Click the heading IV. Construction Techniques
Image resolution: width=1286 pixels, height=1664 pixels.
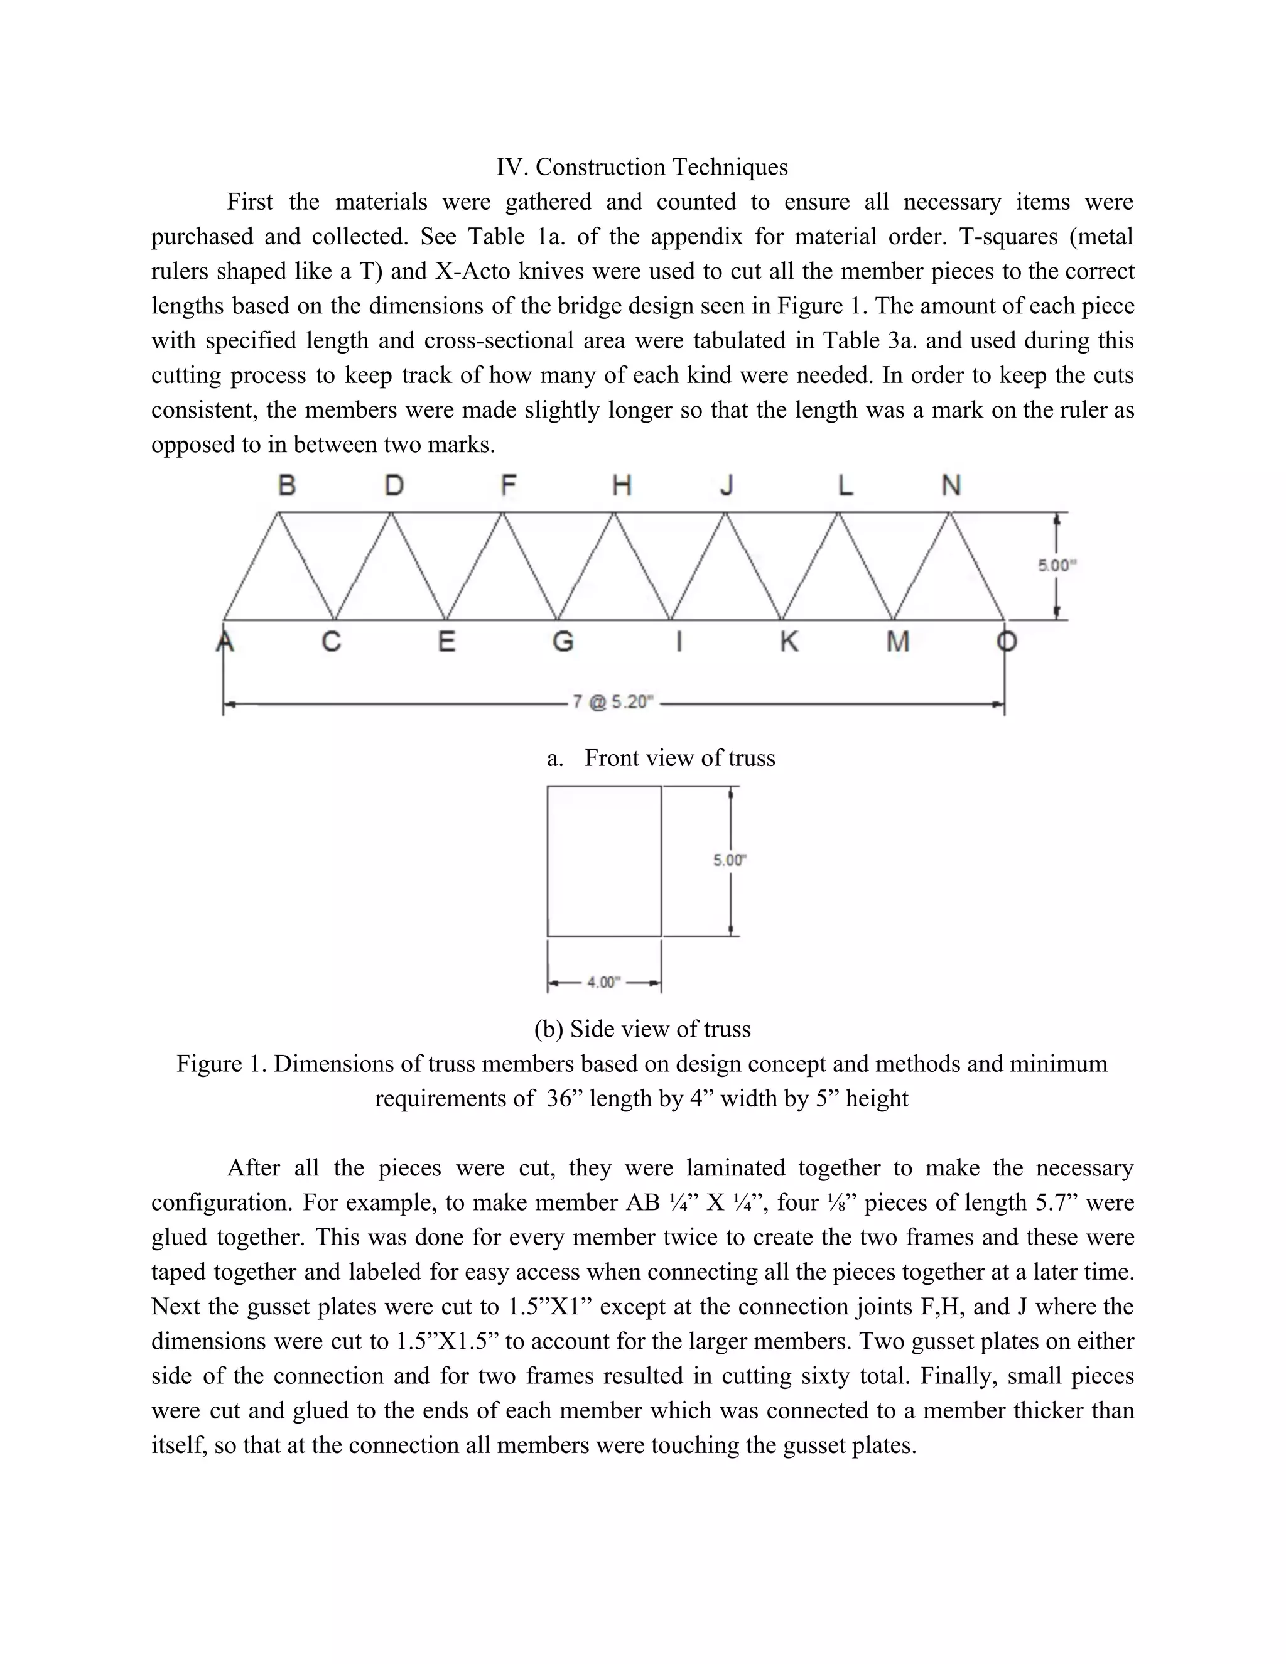pos(642,167)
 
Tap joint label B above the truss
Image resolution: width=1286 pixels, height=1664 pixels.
pos(286,485)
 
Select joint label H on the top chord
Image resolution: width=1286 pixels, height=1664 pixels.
pos(622,485)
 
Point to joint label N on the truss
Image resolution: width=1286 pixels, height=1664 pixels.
pos(951,485)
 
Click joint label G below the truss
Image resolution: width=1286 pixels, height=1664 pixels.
pos(562,642)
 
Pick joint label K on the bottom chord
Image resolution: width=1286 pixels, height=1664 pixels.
pos(789,642)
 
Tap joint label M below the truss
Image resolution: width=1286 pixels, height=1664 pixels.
pos(897,642)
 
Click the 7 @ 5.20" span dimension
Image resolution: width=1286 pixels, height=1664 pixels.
pos(613,702)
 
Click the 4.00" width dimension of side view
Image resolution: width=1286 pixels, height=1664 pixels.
pos(601,983)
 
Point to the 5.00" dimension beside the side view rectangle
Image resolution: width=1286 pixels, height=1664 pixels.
pos(729,860)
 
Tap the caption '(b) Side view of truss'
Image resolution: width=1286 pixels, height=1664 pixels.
pos(642,1029)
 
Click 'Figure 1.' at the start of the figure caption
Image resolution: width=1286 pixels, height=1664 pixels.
pos(222,1064)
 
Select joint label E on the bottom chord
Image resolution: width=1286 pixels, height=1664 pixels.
pos(446,642)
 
